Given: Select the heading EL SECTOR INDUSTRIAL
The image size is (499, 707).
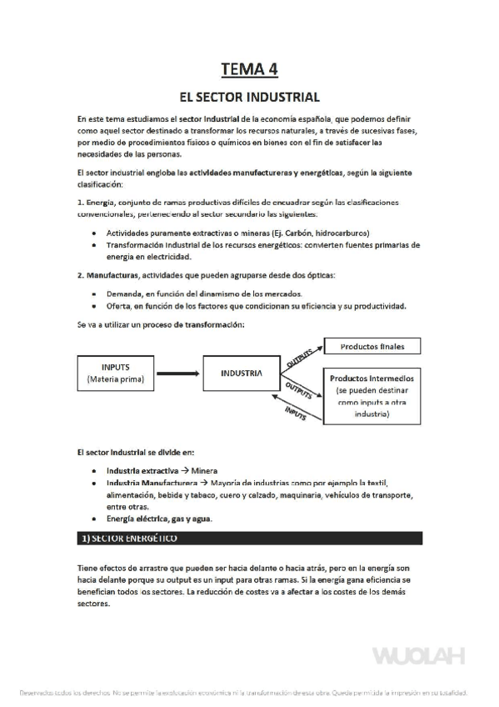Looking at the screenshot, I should tap(249, 97).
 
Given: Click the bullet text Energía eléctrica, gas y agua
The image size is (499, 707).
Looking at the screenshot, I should tap(159, 518).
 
